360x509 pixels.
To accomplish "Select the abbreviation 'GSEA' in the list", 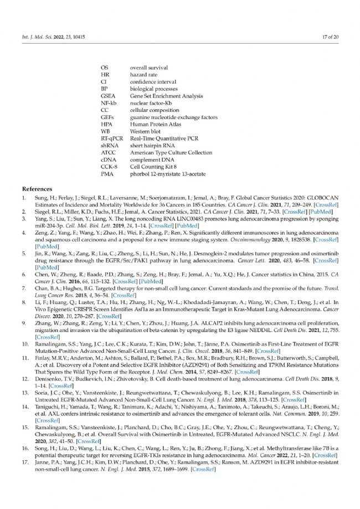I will tap(108, 96).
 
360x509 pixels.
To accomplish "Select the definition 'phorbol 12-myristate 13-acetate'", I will tap(167, 174).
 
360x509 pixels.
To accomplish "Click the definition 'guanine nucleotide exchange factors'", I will tap(173, 117).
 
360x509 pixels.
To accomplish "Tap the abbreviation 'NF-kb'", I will tap(109, 103).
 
